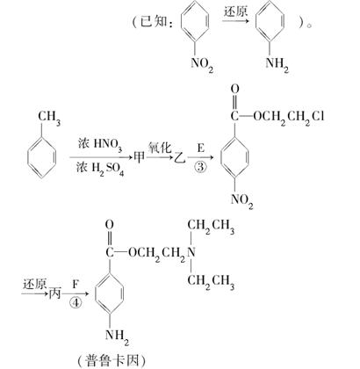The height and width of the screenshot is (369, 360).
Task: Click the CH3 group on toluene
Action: [49, 118]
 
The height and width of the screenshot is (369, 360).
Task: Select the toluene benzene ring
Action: [42, 157]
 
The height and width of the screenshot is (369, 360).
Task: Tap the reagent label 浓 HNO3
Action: [100, 145]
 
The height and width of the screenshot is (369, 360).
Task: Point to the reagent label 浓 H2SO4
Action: [100, 169]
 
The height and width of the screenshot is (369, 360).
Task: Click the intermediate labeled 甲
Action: [139, 157]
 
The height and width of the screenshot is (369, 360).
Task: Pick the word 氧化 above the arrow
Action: [160, 148]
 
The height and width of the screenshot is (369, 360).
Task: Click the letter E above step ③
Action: [200, 148]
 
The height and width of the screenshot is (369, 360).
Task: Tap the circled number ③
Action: [200, 167]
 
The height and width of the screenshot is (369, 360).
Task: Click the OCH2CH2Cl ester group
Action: [289, 117]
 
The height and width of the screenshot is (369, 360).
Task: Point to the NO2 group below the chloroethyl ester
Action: [241, 200]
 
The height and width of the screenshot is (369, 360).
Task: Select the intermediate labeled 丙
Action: [54, 293]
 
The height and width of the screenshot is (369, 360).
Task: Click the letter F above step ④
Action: [76, 284]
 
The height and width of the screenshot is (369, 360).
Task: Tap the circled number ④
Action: [76, 302]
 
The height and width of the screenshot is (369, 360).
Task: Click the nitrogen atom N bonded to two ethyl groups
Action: [191, 252]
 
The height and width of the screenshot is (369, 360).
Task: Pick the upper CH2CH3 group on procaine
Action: [211, 226]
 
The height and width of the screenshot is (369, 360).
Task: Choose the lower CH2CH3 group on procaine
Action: [211, 281]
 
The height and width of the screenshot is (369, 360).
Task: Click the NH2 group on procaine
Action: [117, 336]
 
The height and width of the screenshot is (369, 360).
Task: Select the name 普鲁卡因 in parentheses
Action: [112, 360]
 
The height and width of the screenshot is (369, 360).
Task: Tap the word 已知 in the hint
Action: [154, 21]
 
